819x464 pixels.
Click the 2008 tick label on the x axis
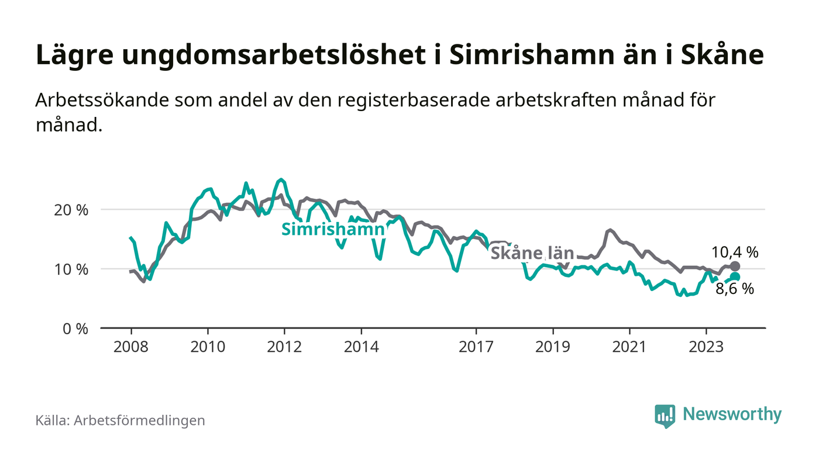pyautogui.click(x=130, y=347)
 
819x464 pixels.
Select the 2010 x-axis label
pyautogui.click(x=208, y=347)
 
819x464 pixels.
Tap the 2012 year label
pyautogui.click(x=284, y=347)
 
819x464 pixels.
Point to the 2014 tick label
pyautogui.click(x=362, y=347)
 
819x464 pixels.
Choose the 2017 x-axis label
pyautogui.click(x=476, y=347)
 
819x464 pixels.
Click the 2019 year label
pyautogui.click(x=553, y=347)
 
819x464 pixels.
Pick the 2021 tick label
pyautogui.click(x=629, y=347)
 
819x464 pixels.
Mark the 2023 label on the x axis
pyautogui.click(x=706, y=347)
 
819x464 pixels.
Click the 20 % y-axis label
pyautogui.click(x=71, y=210)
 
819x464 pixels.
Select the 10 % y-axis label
pyautogui.click(x=71, y=269)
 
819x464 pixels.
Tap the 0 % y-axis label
pyautogui.click(x=75, y=329)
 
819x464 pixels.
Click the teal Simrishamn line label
pyautogui.click(x=333, y=230)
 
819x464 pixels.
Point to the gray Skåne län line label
pyautogui.click(x=532, y=254)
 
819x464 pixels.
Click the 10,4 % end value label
pyautogui.click(x=735, y=252)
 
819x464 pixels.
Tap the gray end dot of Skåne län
pyautogui.click(x=735, y=266)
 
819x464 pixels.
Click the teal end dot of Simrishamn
pyautogui.click(x=735, y=277)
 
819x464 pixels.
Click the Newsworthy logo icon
pyautogui.click(x=665, y=415)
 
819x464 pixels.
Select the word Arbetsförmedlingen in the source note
pyautogui.click(x=139, y=420)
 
